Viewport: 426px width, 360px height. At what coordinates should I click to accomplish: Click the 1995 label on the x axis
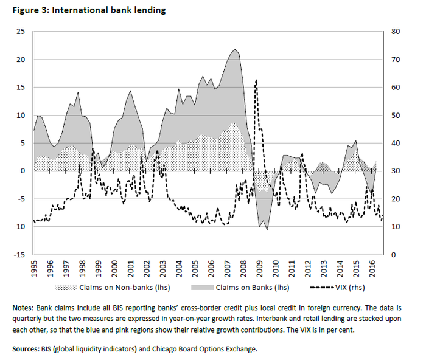tap(34, 268)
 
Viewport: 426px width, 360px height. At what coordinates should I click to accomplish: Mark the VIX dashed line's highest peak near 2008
tap(256, 80)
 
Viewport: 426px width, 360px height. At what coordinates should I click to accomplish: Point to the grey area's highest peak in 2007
tap(235, 49)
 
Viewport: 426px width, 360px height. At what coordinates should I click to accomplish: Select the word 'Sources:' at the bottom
tap(28, 349)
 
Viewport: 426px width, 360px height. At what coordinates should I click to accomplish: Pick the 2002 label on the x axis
tap(147, 268)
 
